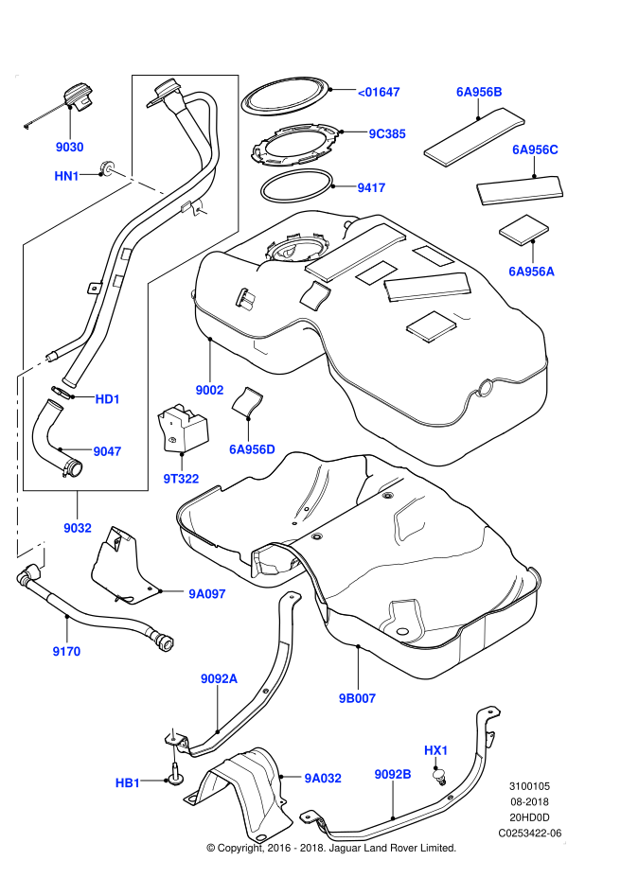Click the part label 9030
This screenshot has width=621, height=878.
coord(70,147)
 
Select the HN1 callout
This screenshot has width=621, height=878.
coord(66,176)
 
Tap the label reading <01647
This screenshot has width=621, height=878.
coord(379,92)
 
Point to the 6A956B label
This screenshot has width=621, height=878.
coord(479,92)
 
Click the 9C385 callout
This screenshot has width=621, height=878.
coord(387,134)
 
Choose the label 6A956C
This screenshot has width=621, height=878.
coord(535,149)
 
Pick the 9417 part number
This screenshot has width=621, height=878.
coord(371,188)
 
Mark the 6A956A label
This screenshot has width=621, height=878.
coord(531,272)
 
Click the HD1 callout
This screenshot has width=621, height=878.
coord(108,399)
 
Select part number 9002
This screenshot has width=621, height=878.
coord(209,390)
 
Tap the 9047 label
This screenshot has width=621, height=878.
coord(107,451)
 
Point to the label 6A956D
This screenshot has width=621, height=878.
coord(252,449)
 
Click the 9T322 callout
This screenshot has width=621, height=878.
coord(181,479)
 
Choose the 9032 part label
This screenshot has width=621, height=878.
coord(78,528)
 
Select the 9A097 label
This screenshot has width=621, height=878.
coord(207,594)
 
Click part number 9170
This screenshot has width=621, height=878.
coord(66,651)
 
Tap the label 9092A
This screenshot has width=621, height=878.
coord(219,678)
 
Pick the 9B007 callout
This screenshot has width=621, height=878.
coord(358,698)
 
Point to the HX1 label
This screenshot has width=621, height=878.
coord(436,750)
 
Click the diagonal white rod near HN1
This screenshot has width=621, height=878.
coord(138,182)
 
